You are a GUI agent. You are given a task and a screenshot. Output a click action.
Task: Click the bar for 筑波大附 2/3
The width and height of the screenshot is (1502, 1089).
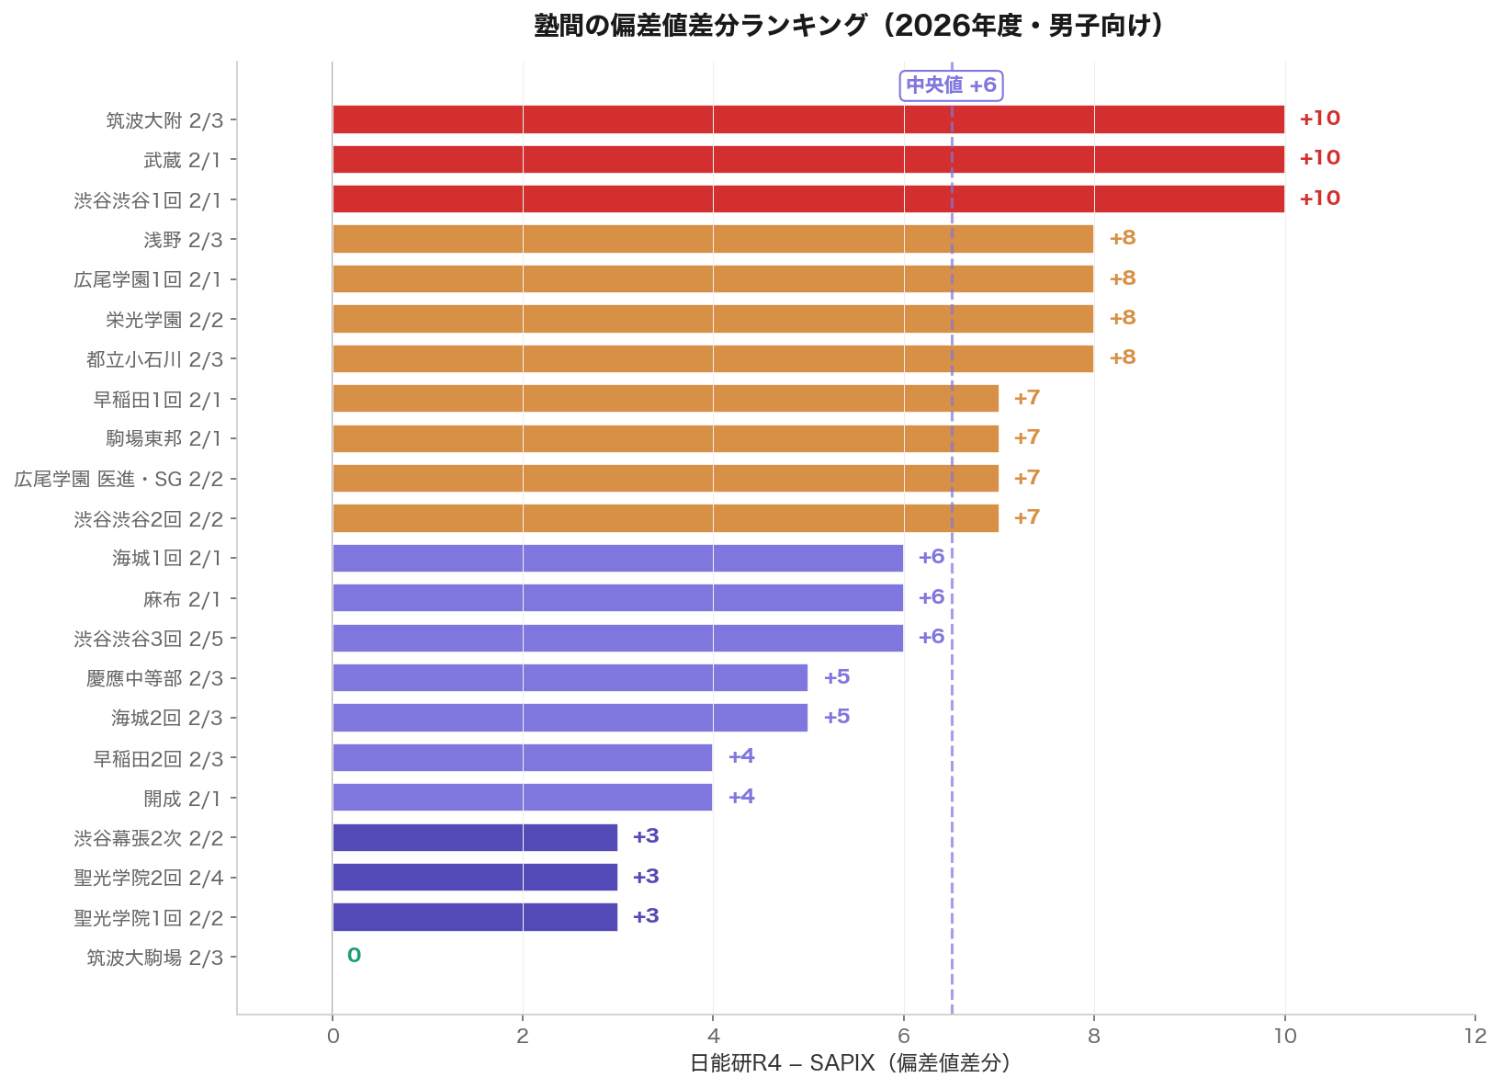(808, 119)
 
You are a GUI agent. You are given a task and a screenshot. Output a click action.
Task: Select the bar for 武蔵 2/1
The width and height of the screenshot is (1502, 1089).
(808, 159)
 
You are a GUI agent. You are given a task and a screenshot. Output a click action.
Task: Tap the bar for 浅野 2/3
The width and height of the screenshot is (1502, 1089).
(713, 239)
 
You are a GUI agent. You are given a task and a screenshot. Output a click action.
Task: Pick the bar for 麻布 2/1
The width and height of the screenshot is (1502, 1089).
(617, 598)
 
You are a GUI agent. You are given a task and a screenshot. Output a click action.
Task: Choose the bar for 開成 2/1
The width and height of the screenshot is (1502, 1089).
(522, 797)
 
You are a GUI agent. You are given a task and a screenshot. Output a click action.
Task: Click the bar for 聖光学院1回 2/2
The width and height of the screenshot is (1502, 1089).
(475, 917)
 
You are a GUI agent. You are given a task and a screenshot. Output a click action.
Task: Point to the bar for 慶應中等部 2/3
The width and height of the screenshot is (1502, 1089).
(570, 678)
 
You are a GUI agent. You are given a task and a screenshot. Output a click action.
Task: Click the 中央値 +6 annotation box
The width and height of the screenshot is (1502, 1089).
(951, 85)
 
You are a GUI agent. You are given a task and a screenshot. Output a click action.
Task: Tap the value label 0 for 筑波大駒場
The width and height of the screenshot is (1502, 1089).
(354, 956)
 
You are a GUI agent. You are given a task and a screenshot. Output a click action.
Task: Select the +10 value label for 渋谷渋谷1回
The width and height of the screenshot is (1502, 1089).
(1319, 199)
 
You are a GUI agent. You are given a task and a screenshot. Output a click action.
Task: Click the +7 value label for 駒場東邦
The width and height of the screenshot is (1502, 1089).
(1026, 437)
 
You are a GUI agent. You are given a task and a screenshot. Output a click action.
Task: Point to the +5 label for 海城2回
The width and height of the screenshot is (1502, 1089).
(836, 717)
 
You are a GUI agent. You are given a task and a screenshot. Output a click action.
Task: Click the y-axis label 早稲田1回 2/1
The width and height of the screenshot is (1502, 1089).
(158, 400)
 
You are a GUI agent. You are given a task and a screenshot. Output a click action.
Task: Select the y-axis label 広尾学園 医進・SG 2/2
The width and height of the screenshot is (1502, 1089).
(119, 479)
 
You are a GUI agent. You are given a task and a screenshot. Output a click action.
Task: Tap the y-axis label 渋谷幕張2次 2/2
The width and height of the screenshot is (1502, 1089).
(149, 838)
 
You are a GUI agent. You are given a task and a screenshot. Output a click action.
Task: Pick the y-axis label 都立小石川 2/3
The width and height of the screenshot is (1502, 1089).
(154, 359)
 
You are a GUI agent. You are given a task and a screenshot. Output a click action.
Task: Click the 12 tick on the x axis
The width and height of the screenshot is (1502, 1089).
(1474, 1037)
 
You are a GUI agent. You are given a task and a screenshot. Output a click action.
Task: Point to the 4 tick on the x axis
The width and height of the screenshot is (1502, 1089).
(713, 1037)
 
